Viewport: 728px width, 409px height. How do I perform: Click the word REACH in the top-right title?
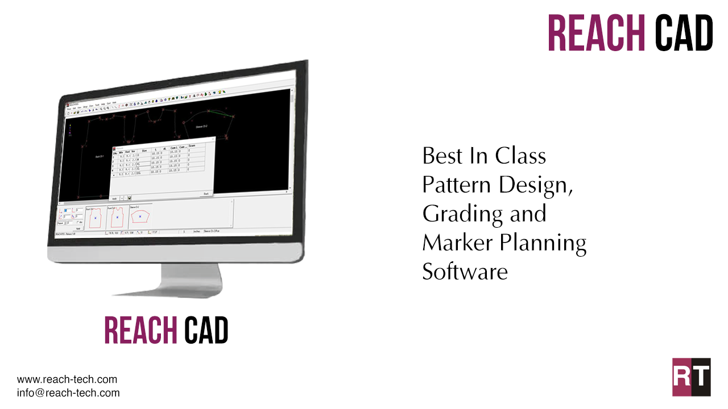click(596, 32)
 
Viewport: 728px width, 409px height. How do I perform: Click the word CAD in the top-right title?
click(684, 32)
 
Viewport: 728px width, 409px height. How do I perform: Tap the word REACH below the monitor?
click(140, 329)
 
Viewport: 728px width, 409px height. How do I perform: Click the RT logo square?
click(691, 377)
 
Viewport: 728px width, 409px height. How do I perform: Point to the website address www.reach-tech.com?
click(67, 379)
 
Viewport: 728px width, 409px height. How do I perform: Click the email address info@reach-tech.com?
click(68, 393)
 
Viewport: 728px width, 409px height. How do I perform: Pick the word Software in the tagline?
click(465, 272)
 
